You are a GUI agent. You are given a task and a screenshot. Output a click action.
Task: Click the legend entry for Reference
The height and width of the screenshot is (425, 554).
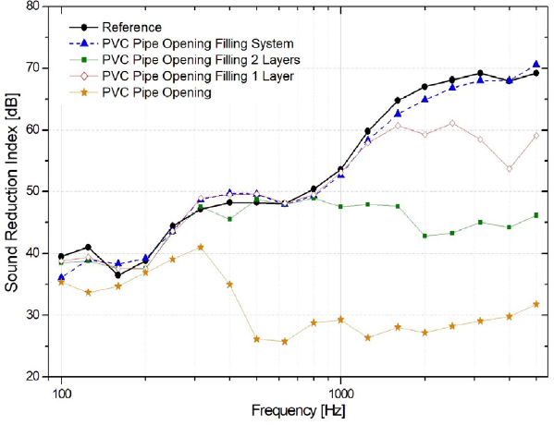(140, 28)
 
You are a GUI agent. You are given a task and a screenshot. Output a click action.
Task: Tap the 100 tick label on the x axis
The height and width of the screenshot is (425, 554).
(61, 392)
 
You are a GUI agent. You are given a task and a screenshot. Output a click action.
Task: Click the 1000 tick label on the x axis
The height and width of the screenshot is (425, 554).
(340, 392)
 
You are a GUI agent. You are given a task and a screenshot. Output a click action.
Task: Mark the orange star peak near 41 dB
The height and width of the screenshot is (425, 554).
(201, 247)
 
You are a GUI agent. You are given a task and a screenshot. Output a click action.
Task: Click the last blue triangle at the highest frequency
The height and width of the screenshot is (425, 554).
(536, 65)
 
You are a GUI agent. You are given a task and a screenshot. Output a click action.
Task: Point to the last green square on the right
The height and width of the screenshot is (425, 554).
(536, 215)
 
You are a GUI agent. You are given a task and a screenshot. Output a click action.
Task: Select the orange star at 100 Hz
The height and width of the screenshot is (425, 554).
(61, 282)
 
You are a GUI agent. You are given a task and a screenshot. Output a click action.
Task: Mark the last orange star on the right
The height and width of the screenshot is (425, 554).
(536, 304)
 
